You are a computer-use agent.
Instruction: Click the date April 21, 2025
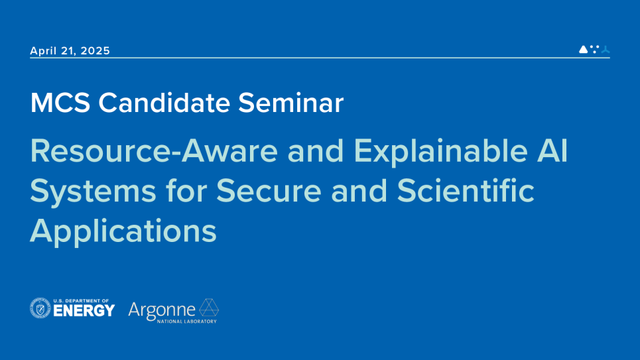[70, 50]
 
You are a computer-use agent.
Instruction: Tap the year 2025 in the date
[95, 50]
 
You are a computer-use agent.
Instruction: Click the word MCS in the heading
[60, 103]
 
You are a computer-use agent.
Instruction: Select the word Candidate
[164, 103]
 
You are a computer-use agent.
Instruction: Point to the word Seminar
[290, 103]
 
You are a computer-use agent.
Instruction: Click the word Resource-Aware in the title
[154, 151]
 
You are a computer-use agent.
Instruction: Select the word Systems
[93, 192]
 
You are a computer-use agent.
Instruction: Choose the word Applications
[123, 231]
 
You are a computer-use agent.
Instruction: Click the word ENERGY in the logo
[84, 311]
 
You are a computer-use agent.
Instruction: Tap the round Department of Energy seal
[40, 308]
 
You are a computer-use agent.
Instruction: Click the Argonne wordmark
[162, 311]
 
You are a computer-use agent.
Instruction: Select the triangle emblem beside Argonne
[209, 308]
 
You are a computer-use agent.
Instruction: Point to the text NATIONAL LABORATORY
[187, 322]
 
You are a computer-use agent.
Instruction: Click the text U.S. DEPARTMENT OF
[81, 301]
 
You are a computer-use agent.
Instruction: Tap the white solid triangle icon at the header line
[583, 49]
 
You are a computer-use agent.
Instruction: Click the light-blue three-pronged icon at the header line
[606, 50]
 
